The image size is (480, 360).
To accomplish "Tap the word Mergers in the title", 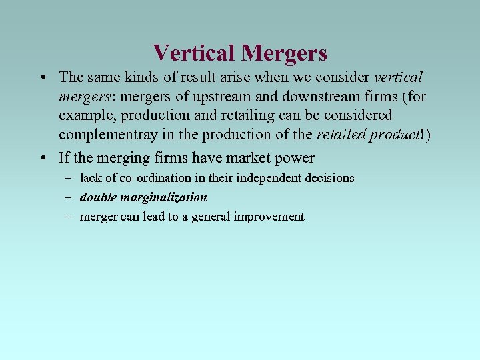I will [285, 53].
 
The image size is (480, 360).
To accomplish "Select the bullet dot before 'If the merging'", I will [43, 158].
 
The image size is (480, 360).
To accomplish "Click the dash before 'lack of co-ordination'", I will [69, 178].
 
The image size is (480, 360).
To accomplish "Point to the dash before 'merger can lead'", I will [69, 217].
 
